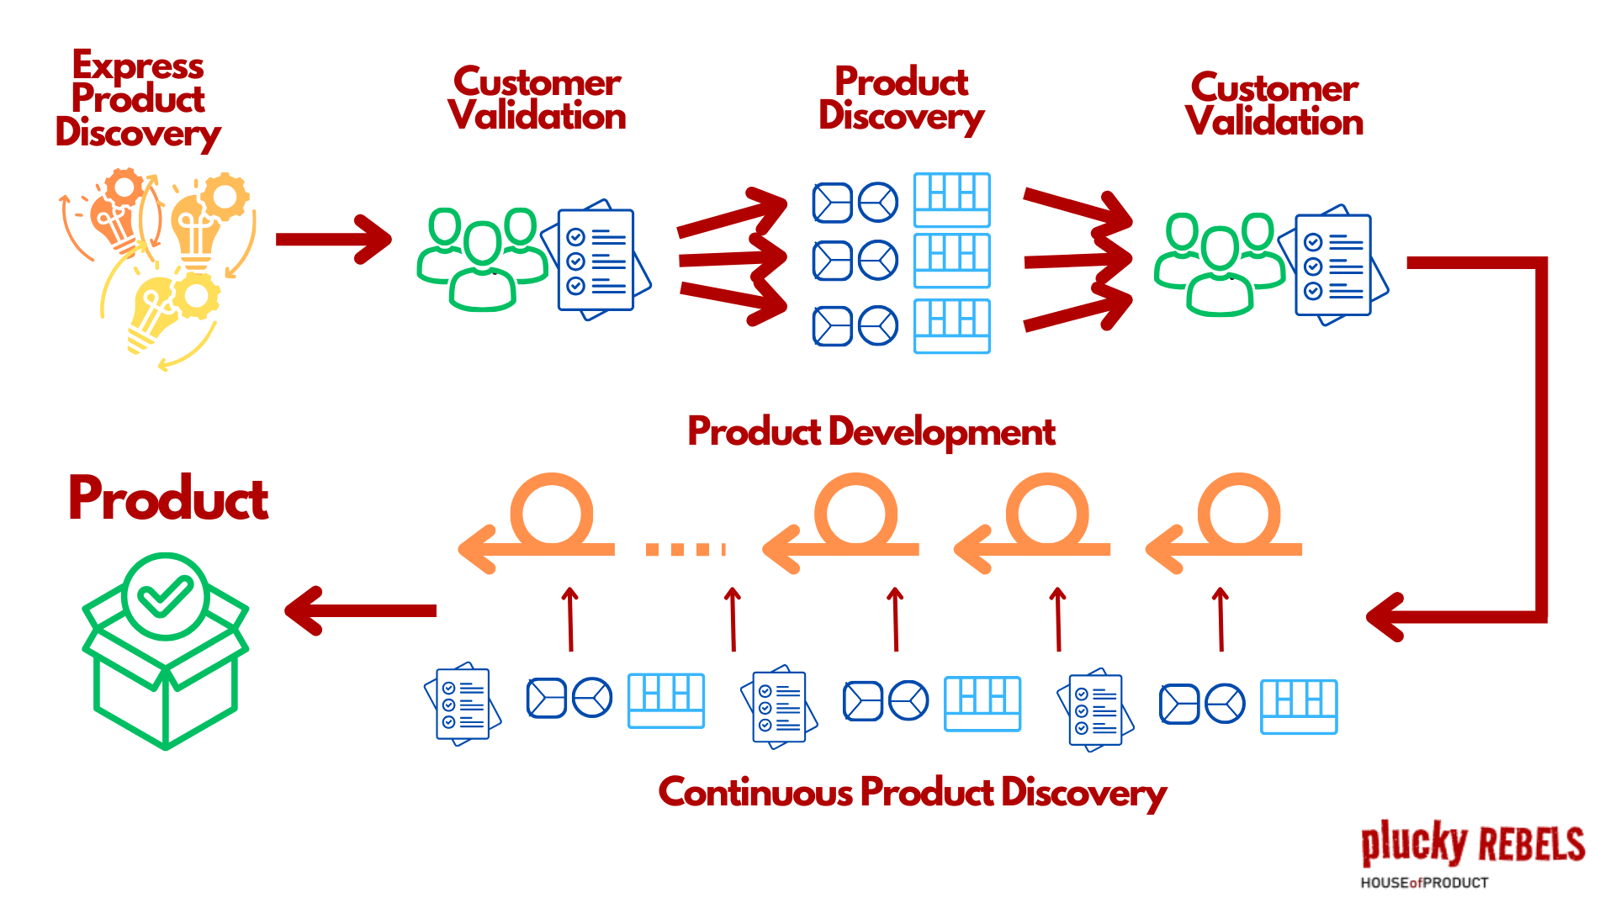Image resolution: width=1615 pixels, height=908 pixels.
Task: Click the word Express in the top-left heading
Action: coord(138,66)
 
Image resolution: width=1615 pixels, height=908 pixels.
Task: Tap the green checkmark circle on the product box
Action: coord(165,596)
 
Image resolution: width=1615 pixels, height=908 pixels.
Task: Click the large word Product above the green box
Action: coord(168,499)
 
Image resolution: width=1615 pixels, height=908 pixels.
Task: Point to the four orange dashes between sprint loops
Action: coord(685,549)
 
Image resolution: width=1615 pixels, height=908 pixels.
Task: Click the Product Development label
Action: coord(871,432)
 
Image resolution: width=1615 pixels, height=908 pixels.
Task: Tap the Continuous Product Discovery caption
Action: coord(912,792)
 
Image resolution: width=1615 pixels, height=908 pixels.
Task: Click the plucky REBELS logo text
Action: coord(1472,843)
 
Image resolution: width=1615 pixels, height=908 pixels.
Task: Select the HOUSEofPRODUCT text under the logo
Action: coord(1424,883)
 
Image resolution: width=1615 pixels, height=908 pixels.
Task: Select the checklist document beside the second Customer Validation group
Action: coord(1333,266)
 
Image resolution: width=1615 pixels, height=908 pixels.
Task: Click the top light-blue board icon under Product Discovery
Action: coord(951,200)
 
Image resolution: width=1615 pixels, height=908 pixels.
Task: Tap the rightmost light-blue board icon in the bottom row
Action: coord(1299,707)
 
